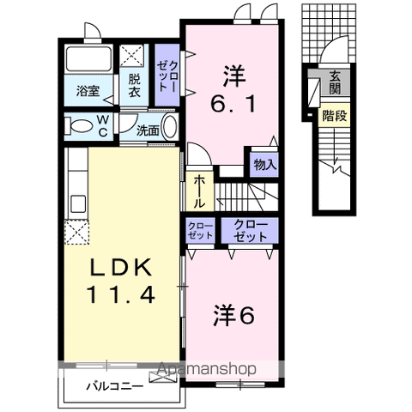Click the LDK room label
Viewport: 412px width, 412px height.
pyautogui.click(x=121, y=268)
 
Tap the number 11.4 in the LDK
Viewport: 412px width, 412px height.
pyautogui.click(x=121, y=294)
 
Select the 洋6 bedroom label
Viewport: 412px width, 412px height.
pyautogui.click(x=233, y=315)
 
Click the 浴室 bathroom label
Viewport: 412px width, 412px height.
pyautogui.click(x=88, y=91)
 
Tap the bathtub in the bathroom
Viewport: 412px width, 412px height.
pyautogui.click(x=88, y=58)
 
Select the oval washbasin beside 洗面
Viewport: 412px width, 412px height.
pyautogui.click(x=170, y=127)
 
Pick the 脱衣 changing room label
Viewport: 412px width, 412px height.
pyautogui.click(x=134, y=86)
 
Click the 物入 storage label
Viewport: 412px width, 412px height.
pyautogui.click(x=265, y=165)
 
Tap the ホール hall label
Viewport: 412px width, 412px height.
pyautogui.click(x=199, y=191)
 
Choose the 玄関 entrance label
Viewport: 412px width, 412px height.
pyautogui.click(x=335, y=82)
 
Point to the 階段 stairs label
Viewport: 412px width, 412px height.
pyautogui.click(x=335, y=116)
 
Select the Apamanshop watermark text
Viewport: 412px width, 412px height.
pyautogui.click(x=207, y=369)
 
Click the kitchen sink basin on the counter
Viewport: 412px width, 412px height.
pyautogui.click(x=78, y=203)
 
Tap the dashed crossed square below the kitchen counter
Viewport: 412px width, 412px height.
pyautogui.click(x=76, y=232)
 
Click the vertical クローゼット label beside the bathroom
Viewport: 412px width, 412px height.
pyautogui.click(x=167, y=76)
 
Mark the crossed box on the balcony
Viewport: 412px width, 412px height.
pyautogui.click(x=161, y=378)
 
